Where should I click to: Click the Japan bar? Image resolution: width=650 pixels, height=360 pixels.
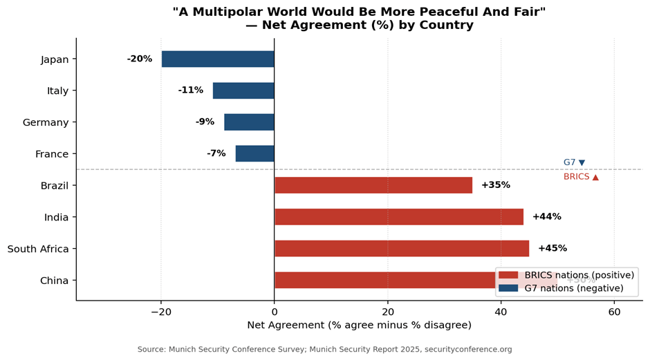pyautogui.click(x=218, y=59)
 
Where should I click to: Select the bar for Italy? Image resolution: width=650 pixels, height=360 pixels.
pyautogui.click(x=243, y=91)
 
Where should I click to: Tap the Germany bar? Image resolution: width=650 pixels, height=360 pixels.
pyautogui.click(x=249, y=122)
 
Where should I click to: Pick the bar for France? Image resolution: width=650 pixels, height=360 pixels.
pyautogui.click(x=254, y=153)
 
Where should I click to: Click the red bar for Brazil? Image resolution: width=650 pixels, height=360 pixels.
pyautogui.click(x=373, y=185)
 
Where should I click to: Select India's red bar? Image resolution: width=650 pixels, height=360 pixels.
pyautogui.click(x=399, y=217)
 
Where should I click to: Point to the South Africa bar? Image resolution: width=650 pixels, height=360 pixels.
pyautogui.click(x=402, y=249)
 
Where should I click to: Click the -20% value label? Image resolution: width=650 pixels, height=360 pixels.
pyautogui.click(x=140, y=59)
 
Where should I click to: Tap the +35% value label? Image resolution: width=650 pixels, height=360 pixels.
pyautogui.click(x=495, y=185)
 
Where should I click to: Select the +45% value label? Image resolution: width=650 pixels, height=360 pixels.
pyautogui.click(x=552, y=249)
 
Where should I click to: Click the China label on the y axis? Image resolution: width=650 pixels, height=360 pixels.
pyautogui.click(x=54, y=281)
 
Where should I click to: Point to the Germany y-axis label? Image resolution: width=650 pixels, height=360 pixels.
pyautogui.click(x=46, y=122)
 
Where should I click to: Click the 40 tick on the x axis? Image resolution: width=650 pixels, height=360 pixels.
pyautogui.click(x=501, y=312)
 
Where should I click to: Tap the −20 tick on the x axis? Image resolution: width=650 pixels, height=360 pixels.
pyautogui.click(x=160, y=312)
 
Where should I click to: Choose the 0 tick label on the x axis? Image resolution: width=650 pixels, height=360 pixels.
pyautogui.click(x=275, y=312)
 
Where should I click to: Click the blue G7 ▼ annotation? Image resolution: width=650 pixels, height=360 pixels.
pyautogui.click(x=574, y=162)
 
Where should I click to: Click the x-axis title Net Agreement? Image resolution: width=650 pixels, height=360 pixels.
pyautogui.click(x=359, y=325)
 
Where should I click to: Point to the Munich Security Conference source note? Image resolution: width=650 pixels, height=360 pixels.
pyautogui.click(x=324, y=350)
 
